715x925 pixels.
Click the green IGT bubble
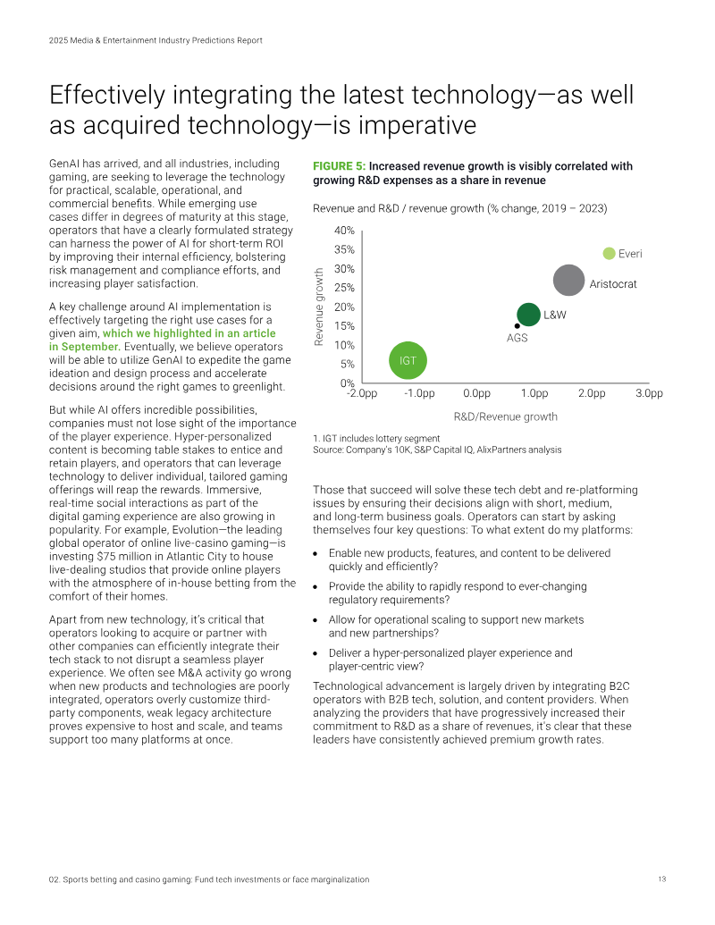point(408,360)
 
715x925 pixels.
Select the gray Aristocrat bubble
point(568,281)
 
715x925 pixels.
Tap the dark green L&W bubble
point(528,315)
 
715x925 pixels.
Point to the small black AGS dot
point(517,325)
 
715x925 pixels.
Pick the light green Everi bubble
point(610,254)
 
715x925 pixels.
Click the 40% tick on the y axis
point(344,231)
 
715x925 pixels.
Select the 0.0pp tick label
point(476,393)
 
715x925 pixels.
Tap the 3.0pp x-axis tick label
point(649,393)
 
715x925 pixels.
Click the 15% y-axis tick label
point(344,326)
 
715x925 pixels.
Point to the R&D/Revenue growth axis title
point(506,417)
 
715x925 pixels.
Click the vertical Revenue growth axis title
point(319,307)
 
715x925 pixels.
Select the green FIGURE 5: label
point(340,166)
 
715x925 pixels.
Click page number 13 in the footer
point(662,879)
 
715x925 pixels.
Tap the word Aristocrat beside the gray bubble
point(613,284)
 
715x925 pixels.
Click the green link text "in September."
point(84,347)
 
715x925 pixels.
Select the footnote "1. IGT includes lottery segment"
point(376,438)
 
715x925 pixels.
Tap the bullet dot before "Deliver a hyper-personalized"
point(315,653)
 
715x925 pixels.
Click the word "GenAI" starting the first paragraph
point(64,164)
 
